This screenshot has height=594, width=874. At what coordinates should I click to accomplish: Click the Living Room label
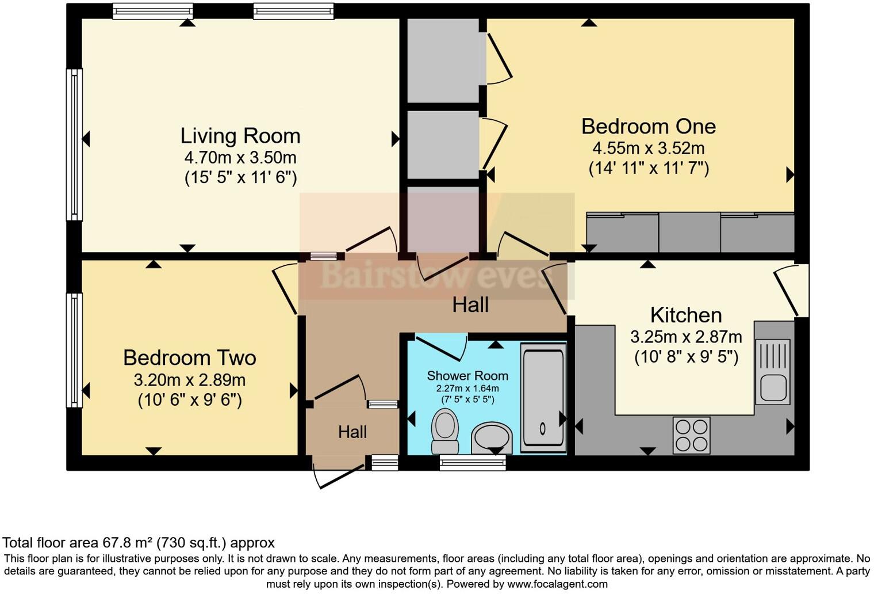[240, 136]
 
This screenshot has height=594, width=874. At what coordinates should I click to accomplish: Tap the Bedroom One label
[649, 127]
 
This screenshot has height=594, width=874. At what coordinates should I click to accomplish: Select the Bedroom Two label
[190, 358]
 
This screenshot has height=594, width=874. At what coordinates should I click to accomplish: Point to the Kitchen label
[686, 315]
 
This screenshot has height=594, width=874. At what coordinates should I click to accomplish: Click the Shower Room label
[467, 376]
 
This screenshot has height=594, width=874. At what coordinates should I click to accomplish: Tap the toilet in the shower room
[445, 431]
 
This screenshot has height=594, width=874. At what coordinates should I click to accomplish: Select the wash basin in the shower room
[492, 438]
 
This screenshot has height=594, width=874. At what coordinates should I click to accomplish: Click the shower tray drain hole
[542, 429]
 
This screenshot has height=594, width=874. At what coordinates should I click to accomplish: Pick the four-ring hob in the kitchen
[691, 435]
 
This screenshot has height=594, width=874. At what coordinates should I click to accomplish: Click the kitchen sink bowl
[773, 388]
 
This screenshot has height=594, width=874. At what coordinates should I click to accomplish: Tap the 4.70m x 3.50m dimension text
[240, 158]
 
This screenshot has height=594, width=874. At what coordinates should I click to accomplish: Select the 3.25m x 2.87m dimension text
[686, 337]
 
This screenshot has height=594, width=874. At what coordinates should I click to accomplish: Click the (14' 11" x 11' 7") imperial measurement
[649, 168]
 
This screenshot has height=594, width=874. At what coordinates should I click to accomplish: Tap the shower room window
[473, 463]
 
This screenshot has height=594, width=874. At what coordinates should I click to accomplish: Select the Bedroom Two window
[74, 351]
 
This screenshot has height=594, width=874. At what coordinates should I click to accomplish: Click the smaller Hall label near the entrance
[352, 432]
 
